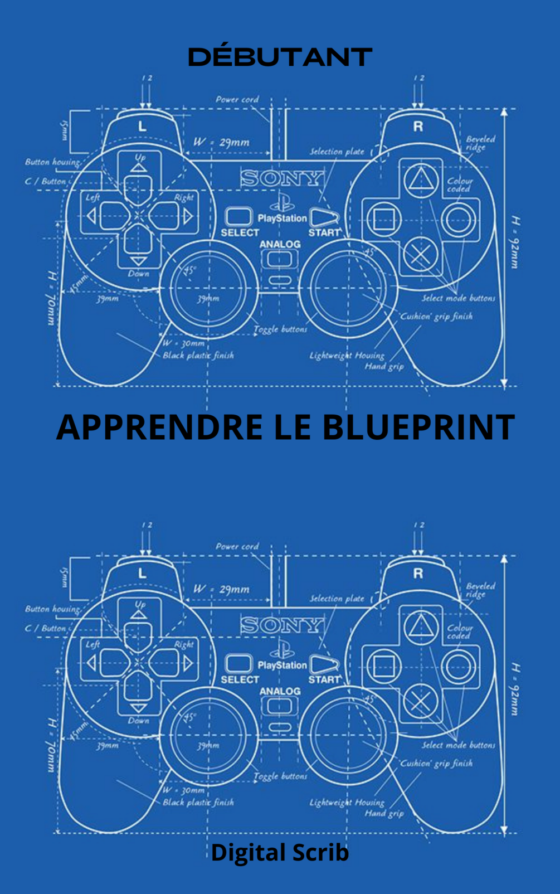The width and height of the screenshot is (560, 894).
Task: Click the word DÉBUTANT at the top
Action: pos(280,57)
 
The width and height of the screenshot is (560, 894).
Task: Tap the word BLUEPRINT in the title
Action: pos(418,427)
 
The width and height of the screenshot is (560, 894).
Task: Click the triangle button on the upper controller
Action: pos(420,180)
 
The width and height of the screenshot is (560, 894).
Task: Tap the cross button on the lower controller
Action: pos(420,701)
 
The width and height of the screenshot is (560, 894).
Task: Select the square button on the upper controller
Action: pos(383,218)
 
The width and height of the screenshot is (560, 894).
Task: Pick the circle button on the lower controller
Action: pos(458,665)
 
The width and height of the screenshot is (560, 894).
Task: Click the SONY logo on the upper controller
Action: pos(282,178)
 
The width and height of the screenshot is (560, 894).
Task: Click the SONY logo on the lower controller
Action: pos(282,625)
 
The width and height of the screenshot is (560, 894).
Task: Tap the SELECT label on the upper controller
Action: pos(240,232)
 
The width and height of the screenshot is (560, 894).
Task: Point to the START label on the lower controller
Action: pos(324,679)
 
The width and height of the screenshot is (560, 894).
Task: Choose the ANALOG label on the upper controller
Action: pos(280,244)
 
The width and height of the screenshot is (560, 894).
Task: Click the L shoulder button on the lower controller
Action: pos(142,574)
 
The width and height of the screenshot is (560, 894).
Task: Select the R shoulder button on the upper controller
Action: pos(418,127)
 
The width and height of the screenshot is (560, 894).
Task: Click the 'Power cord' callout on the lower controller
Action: pos(237,547)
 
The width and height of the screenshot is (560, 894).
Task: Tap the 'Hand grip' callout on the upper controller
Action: pos(384,366)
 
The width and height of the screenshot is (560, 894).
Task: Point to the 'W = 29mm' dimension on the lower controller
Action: pos(221,589)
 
